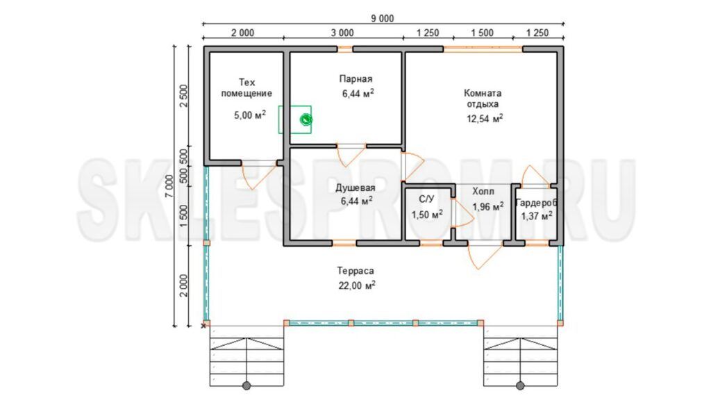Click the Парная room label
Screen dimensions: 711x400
click(356, 79)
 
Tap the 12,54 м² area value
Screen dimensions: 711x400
click(485, 119)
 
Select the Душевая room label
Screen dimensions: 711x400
click(355, 187)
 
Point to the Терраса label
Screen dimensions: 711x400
click(355, 271)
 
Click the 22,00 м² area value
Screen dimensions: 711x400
click(357, 285)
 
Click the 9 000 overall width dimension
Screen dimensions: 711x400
click(383, 18)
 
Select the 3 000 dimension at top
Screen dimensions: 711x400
click(342, 33)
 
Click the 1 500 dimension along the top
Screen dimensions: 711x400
click(482, 33)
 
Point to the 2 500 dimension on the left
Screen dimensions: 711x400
click(183, 95)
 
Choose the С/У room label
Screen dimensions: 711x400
click(427, 199)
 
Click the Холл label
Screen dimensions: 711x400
click(483, 191)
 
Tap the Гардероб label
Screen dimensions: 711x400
click(537, 203)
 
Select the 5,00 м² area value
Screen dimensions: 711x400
click(250, 115)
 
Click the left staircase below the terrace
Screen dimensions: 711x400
click(246, 356)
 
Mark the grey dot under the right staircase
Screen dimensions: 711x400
click(521, 386)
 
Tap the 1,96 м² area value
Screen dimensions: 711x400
click(488, 207)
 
